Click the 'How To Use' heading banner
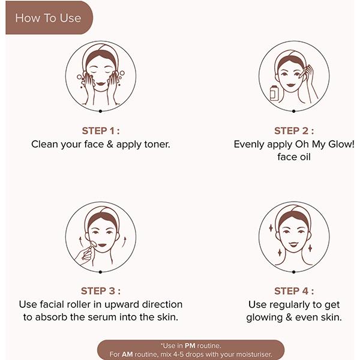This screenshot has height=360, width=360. tap(48, 18)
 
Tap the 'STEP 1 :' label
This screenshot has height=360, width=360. tap(101, 131)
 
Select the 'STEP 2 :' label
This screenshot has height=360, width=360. tap(293, 131)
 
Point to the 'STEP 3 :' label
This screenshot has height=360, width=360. tap(101, 291)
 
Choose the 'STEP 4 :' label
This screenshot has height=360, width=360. tap(293, 291)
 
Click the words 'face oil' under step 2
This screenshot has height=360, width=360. tap(294, 157)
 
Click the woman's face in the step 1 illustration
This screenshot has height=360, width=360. tap(101, 76)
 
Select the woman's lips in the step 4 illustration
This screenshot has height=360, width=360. tap(294, 246)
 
